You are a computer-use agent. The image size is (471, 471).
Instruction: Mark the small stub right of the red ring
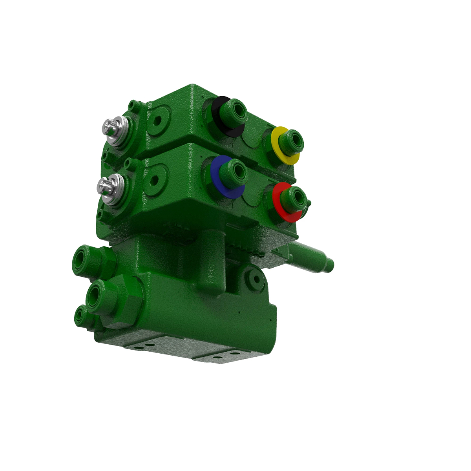point(309,203)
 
